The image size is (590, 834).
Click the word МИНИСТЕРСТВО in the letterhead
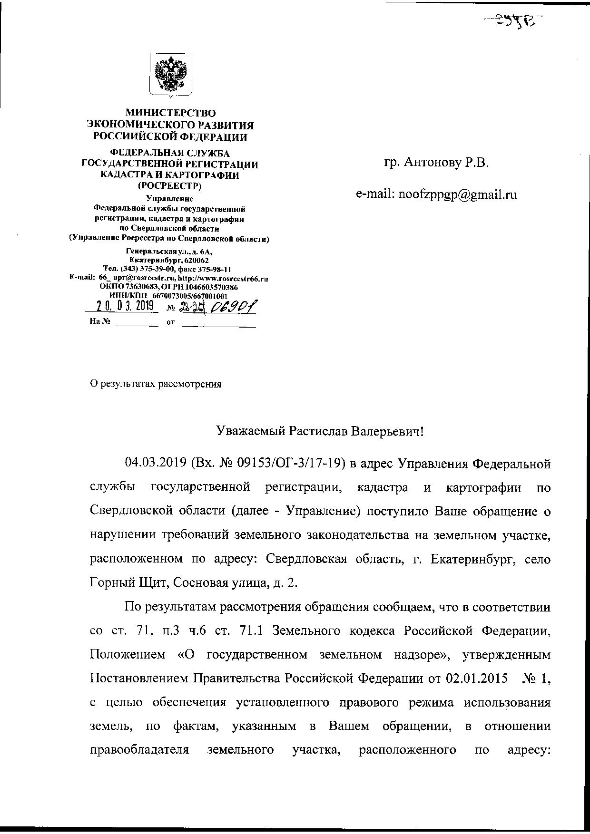coord(170,113)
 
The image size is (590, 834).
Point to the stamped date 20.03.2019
coord(122,306)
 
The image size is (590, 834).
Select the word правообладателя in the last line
coord(139,750)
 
